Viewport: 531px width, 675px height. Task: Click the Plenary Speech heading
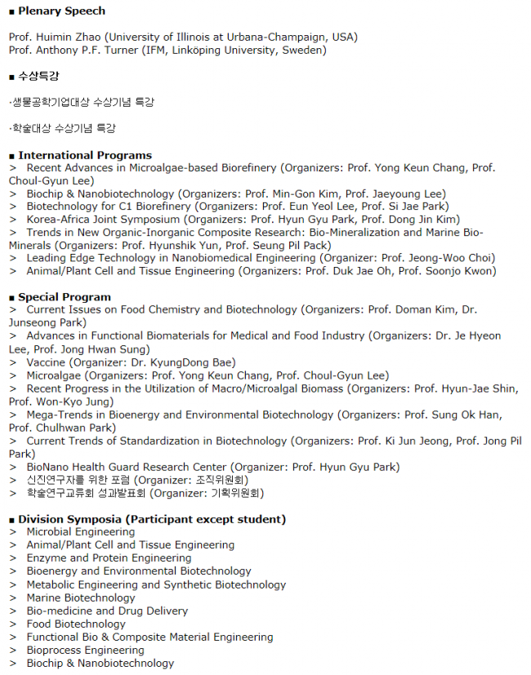(x=61, y=11)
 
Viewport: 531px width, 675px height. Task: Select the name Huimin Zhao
(x=68, y=37)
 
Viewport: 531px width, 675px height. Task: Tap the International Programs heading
(x=85, y=155)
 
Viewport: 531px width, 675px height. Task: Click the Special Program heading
(x=65, y=297)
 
